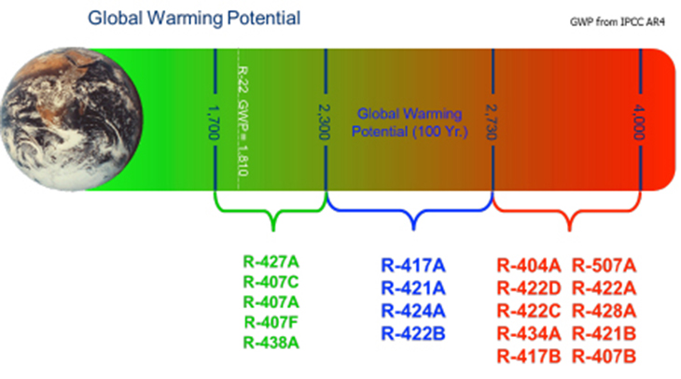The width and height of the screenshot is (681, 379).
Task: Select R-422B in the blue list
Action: point(411,333)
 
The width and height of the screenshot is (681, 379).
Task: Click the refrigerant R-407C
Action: point(272,281)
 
